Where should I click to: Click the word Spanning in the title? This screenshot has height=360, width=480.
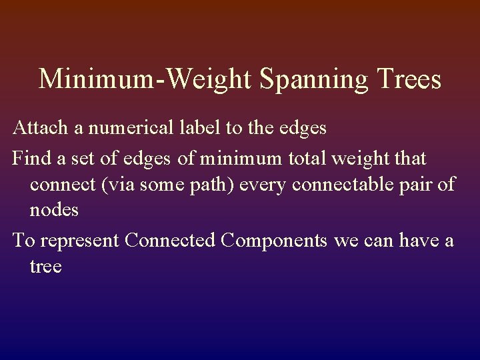click(313, 79)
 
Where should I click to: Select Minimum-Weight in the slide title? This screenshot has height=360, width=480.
click(145, 79)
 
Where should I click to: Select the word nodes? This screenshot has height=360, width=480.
click(54, 211)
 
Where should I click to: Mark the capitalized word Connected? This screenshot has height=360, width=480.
click(170, 240)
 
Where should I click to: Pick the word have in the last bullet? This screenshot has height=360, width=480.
click(417, 240)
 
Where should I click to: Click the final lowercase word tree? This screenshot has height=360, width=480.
click(45, 267)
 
